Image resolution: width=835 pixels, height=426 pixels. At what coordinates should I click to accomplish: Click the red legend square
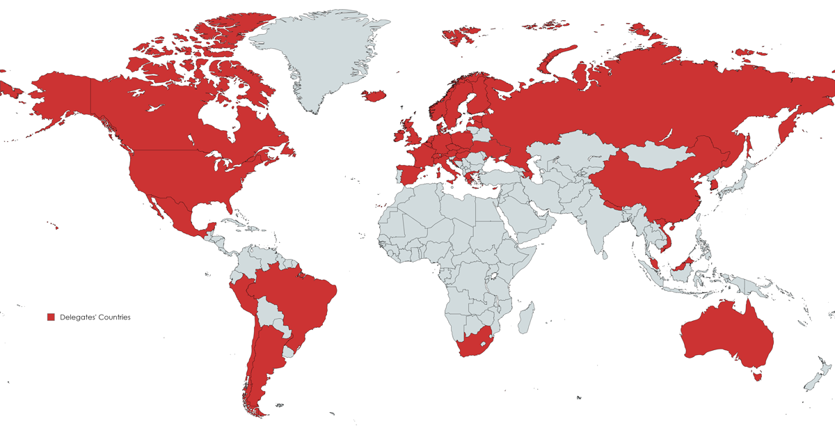[x=51, y=317]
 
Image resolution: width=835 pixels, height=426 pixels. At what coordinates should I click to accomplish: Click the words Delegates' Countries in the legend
[x=95, y=317]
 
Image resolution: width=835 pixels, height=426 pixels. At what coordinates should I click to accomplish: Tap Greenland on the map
[x=313, y=56]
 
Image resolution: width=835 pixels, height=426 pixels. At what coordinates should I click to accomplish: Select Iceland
[x=374, y=95]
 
